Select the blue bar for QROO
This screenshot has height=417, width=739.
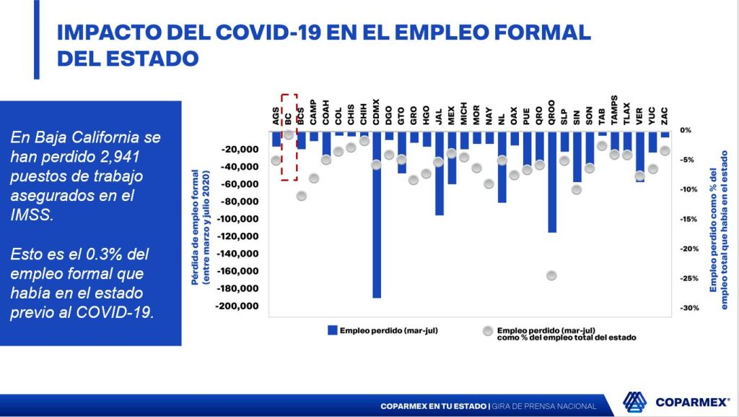[x=552, y=181]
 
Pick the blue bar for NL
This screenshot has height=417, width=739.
[x=502, y=166]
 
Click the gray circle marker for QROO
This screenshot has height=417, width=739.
[x=552, y=275]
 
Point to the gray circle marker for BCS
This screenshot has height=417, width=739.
[x=302, y=196]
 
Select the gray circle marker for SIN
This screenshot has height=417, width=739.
[x=577, y=189]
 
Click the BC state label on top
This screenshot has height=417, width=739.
[x=289, y=116]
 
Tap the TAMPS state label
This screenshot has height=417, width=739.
[x=614, y=111]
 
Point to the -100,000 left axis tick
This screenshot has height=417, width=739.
[x=238, y=219]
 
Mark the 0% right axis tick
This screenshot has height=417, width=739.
[x=686, y=130]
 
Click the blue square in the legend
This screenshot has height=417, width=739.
[x=333, y=330]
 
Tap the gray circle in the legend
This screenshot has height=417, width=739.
[x=489, y=330]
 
